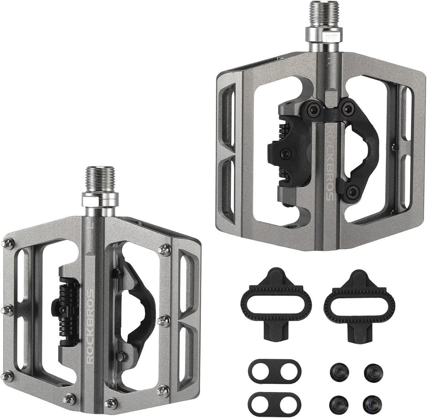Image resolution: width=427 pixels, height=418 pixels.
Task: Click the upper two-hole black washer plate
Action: [x=275, y=371]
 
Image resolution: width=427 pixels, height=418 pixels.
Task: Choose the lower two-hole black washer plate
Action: [x=275, y=404]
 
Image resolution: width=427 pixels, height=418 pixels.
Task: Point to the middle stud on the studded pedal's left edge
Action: [x=7, y=310]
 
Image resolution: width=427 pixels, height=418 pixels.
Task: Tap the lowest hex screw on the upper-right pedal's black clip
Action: [x=351, y=193]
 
